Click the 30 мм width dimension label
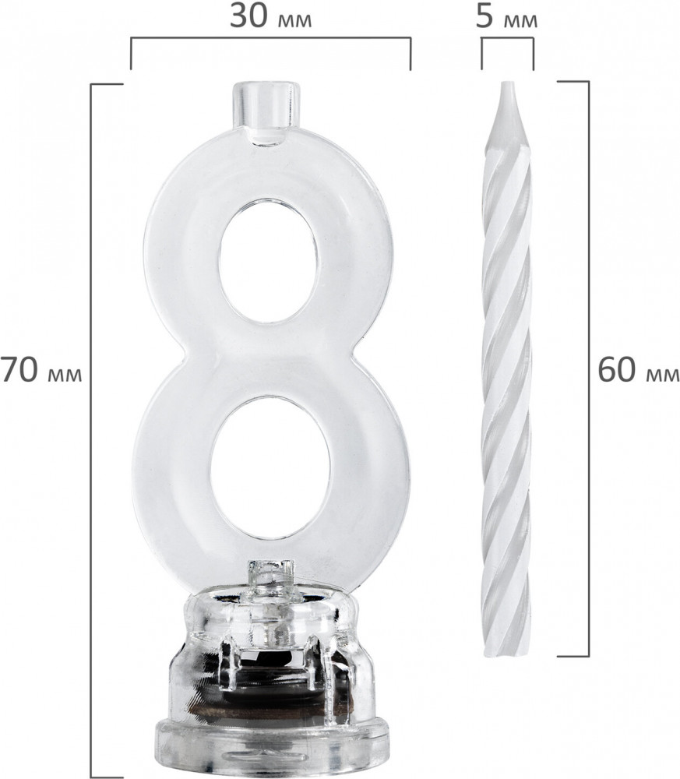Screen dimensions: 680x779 pos(271,18)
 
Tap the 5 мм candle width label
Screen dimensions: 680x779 pos(506,18)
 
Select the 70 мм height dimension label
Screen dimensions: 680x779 pos(41,371)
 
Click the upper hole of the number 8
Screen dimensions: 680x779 pos(268,262)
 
